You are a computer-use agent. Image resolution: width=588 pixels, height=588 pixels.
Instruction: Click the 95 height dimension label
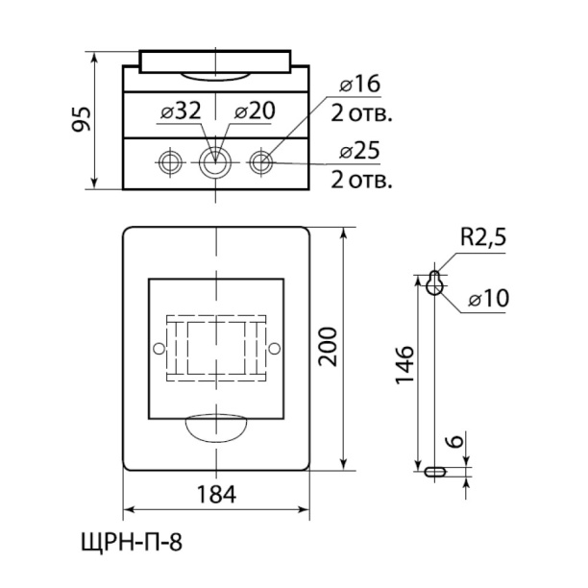[x=82, y=119]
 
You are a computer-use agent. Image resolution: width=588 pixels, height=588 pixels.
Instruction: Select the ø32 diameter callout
[x=181, y=111]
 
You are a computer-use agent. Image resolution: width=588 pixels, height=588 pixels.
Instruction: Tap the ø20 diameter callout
[x=255, y=111]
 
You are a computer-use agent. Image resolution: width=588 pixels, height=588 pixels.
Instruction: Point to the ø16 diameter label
[x=359, y=84]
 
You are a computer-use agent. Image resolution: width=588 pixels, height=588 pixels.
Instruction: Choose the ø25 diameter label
[x=359, y=151]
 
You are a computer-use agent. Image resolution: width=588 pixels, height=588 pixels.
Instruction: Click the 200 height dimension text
[x=328, y=347]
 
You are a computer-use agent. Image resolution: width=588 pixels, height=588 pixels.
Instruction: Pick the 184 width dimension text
[x=216, y=494]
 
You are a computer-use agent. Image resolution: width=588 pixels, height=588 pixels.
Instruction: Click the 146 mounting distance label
[x=405, y=364]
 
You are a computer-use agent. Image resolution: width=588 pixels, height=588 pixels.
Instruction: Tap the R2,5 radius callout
[x=483, y=237]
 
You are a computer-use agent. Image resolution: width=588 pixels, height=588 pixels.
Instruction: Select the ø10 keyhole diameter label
[x=489, y=299]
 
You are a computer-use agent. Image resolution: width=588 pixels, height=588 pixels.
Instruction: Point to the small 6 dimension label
[x=455, y=441]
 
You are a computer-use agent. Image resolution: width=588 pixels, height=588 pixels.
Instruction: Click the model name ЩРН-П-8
[x=132, y=542]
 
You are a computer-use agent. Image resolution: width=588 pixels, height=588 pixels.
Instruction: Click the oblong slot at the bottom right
[x=435, y=472]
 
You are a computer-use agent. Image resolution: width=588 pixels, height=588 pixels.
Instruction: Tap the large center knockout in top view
[x=215, y=162]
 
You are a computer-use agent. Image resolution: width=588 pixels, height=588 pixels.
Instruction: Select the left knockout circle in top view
[x=170, y=162]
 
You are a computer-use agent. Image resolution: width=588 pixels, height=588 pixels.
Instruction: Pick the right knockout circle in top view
[x=261, y=162]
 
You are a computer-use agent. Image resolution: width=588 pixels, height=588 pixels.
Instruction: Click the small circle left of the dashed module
[x=159, y=349]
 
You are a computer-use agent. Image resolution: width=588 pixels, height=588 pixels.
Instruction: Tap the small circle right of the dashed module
[x=275, y=349]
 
